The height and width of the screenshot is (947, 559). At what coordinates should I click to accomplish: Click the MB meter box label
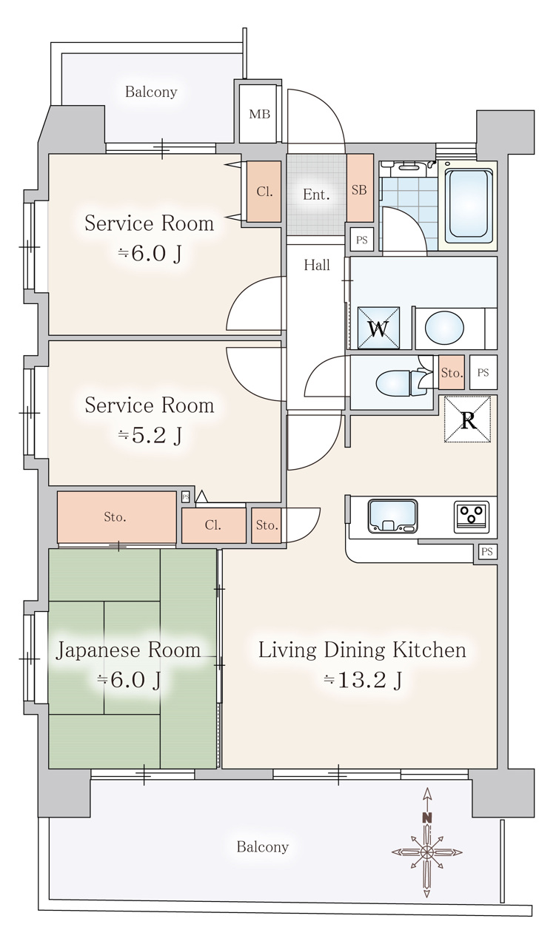click(259, 114)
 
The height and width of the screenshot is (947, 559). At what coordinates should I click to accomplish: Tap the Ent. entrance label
click(316, 195)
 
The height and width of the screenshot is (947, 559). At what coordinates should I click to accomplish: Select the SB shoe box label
click(359, 190)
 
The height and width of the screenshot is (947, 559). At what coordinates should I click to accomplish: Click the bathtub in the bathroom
click(469, 206)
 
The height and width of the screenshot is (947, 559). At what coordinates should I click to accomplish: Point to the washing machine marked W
click(379, 328)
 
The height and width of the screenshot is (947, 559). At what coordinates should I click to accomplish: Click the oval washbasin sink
click(444, 328)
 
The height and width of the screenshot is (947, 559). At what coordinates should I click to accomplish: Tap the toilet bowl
click(392, 382)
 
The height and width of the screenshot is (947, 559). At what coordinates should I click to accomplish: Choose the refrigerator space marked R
click(467, 419)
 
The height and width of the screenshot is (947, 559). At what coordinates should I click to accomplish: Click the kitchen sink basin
click(392, 516)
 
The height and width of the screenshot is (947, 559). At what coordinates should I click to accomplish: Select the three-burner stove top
click(472, 516)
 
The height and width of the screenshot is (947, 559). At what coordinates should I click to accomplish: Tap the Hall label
click(317, 265)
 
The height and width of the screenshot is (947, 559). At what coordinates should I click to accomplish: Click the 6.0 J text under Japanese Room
click(129, 680)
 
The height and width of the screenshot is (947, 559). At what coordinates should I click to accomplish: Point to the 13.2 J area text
click(363, 680)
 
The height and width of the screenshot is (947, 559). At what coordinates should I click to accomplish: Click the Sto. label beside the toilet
click(452, 372)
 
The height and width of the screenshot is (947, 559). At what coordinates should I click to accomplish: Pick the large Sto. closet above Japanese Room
click(117, 516)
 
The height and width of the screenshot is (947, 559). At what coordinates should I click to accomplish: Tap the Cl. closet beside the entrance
click(264, 192)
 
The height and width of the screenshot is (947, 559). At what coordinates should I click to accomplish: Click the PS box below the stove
click(487, 552)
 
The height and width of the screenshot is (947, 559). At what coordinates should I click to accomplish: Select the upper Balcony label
click(151, 92)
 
